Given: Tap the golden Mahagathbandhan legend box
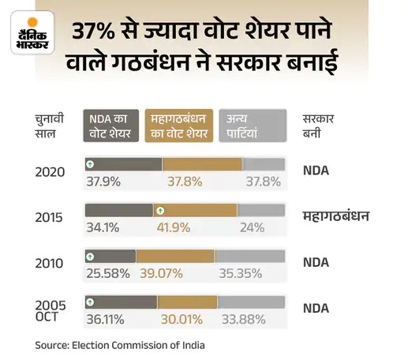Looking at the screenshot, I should (x=178, y=126).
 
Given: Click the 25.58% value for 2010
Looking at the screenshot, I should (x=103, y=273).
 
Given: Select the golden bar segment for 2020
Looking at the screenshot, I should (x=202, y=164).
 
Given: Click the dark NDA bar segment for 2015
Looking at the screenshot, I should (x=118, y=211).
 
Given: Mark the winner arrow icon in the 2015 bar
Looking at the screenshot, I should (x=160, y=211).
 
